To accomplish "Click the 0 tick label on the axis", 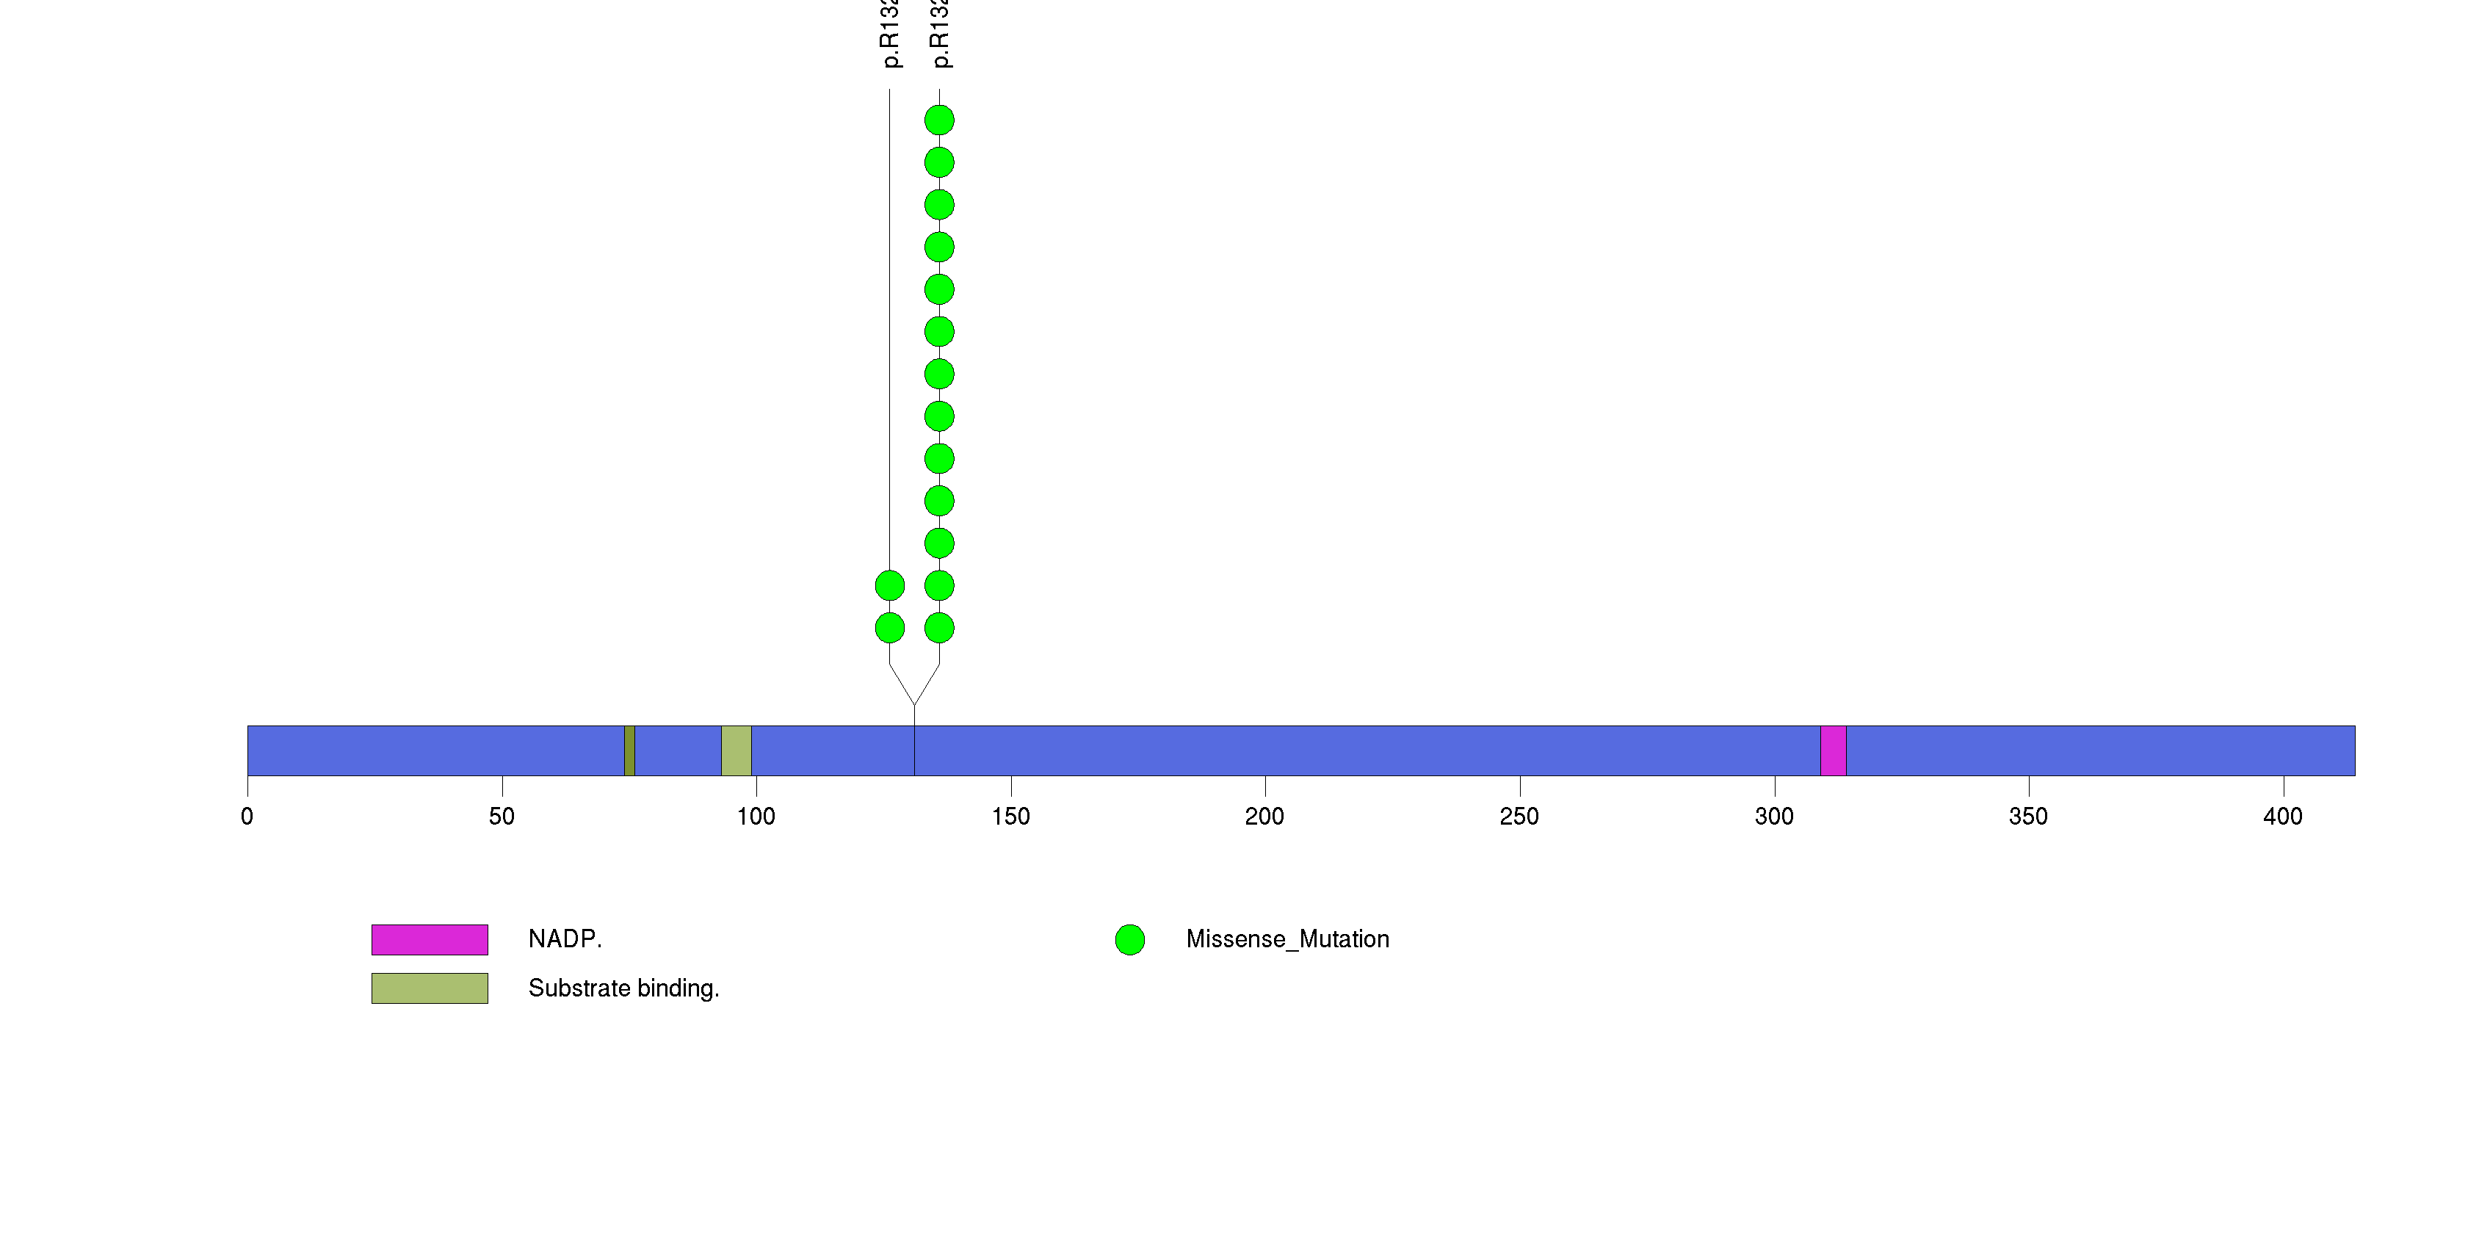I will click(x=247, y=817).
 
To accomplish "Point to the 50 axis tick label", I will click(x=502, y=817).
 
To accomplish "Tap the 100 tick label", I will click(x=756, y=817).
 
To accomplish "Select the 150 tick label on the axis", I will click(x=1010, y=817).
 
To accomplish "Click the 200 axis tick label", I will click(x=1264, y=817).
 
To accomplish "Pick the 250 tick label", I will click(x=1519, y=817).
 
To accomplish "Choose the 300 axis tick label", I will click(x=1773, y=817).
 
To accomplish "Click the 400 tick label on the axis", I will click(x=2283, y=817).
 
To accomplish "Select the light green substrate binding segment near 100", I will click(x=737, y=750).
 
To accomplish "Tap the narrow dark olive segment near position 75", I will click(x=629, y=750).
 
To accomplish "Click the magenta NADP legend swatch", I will click(x=430, y=940).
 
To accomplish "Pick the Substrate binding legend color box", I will click(x=430, y=988).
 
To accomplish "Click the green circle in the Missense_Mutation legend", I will click(x=1130, y=940).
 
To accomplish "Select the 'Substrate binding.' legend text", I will click(x=623, y=988).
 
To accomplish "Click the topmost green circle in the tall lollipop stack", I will click(x=939, y=120).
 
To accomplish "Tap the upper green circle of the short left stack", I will click(x=889, y=585).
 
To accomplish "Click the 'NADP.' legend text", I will click(x=565, y=939).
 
